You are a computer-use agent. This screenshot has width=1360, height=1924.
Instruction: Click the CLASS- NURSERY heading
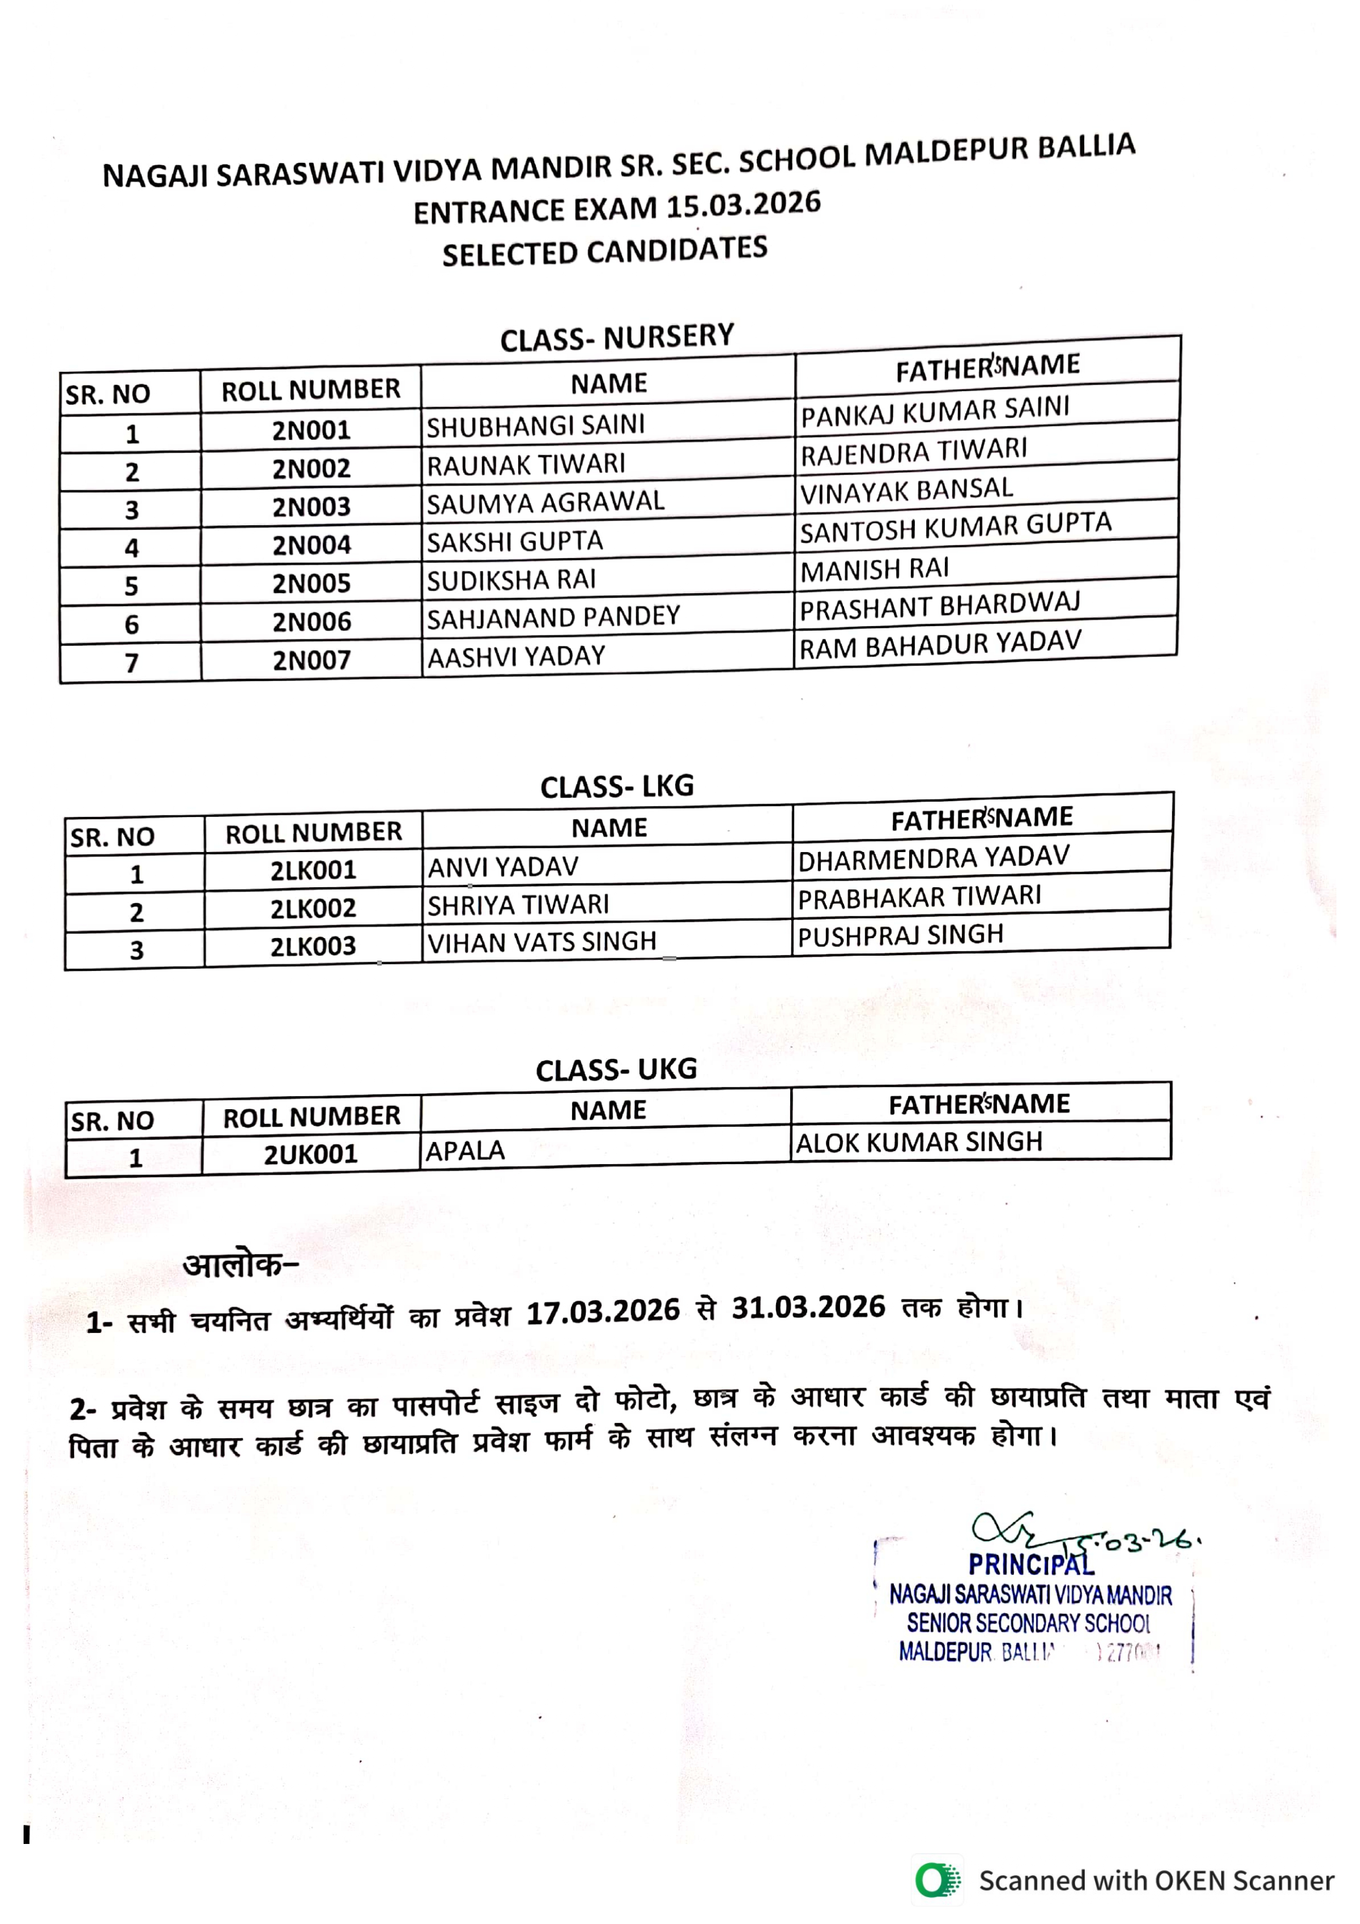tap(617, 338)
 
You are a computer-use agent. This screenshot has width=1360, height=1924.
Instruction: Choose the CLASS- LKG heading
tap(617, 787)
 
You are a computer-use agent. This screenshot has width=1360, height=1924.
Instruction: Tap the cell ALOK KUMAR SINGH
tap(919, 1142)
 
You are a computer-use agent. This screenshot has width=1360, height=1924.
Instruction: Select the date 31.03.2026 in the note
tap(808, 1307)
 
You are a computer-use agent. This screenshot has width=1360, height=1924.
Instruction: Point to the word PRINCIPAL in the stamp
tap(1030, 1564)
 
